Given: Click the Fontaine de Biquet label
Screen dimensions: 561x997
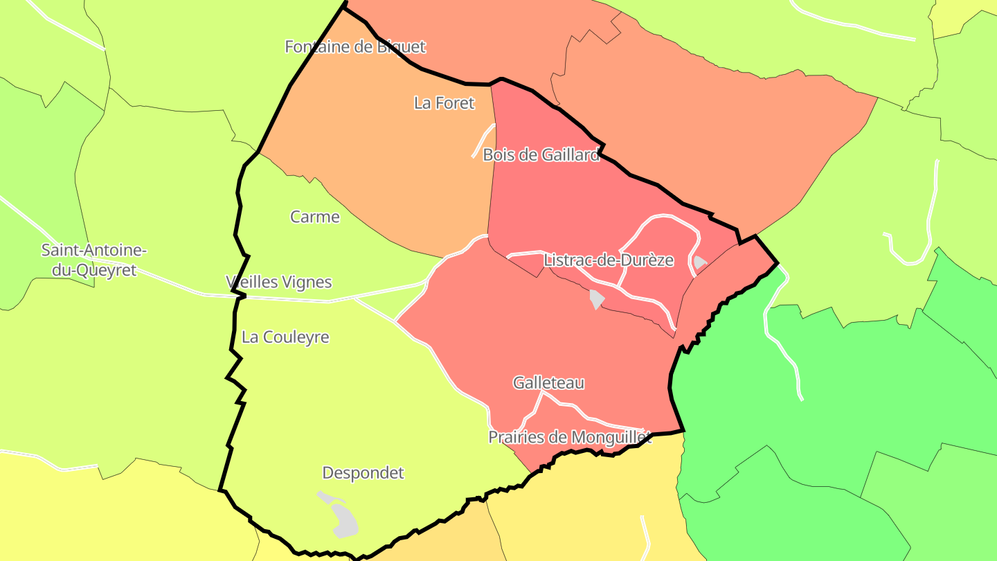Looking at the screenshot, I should (355, 47).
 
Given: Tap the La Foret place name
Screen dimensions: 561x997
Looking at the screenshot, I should (444, 103).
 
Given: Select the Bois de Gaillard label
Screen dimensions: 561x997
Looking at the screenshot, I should (541, 155).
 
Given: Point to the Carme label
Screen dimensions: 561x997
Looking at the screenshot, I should (315, 217).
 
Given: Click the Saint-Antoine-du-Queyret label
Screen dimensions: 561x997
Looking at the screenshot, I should (94, 260).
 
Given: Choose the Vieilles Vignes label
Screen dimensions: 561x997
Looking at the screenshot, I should (279, 283).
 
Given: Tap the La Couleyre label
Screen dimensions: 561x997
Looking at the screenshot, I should (285, 337).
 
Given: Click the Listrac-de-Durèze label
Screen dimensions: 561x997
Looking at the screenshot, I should (609, 260).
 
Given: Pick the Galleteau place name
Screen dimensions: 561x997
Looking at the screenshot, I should (548, 382).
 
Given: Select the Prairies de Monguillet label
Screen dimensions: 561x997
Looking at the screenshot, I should (570, 438).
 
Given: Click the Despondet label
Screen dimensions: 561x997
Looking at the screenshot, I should (363, 473).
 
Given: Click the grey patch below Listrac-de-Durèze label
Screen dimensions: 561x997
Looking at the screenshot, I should (596, 299).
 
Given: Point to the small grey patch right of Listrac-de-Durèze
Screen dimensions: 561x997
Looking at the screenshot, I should (700, 262).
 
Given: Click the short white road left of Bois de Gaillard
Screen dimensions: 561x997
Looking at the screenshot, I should (483, 140).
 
